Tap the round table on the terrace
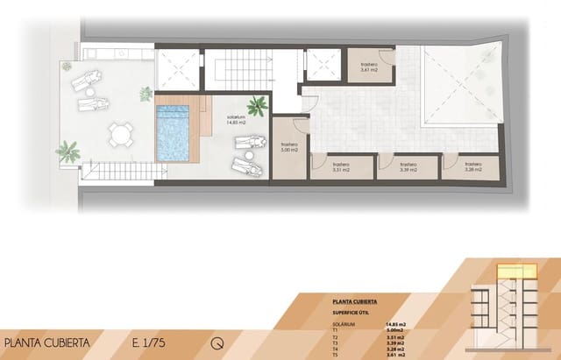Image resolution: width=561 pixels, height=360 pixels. pyautogui.click(x=122, y=134)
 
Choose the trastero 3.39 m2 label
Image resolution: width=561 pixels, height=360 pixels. pyautogui.click(x=408, y=166)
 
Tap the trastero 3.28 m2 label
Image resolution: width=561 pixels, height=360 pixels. pyautogui.click(x=473, y=166)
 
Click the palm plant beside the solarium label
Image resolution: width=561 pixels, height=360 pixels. pyautogui.click(x=257, y=107)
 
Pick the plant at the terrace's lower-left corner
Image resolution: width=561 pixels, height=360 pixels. pyautogui.click(x=67, y=152)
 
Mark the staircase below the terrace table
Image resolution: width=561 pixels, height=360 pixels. pyautogui.click(x=118, y=170)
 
